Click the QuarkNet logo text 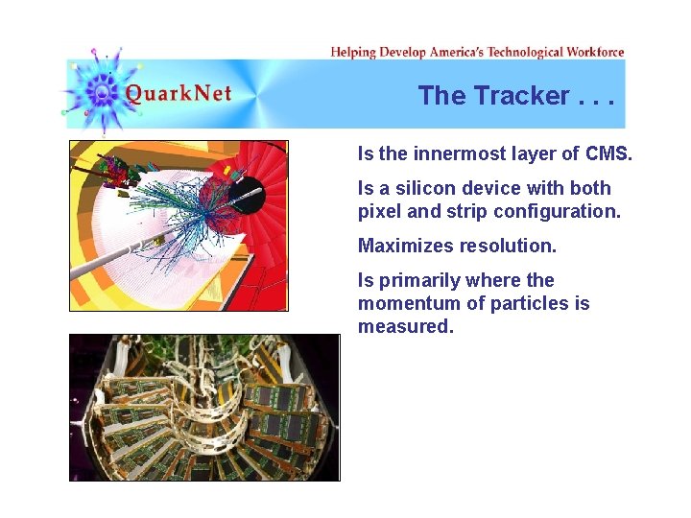(179, 94)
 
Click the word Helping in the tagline (352, 52)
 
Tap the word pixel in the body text (380, 211)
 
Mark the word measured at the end (404, 326)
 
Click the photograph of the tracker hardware (204, 408)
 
